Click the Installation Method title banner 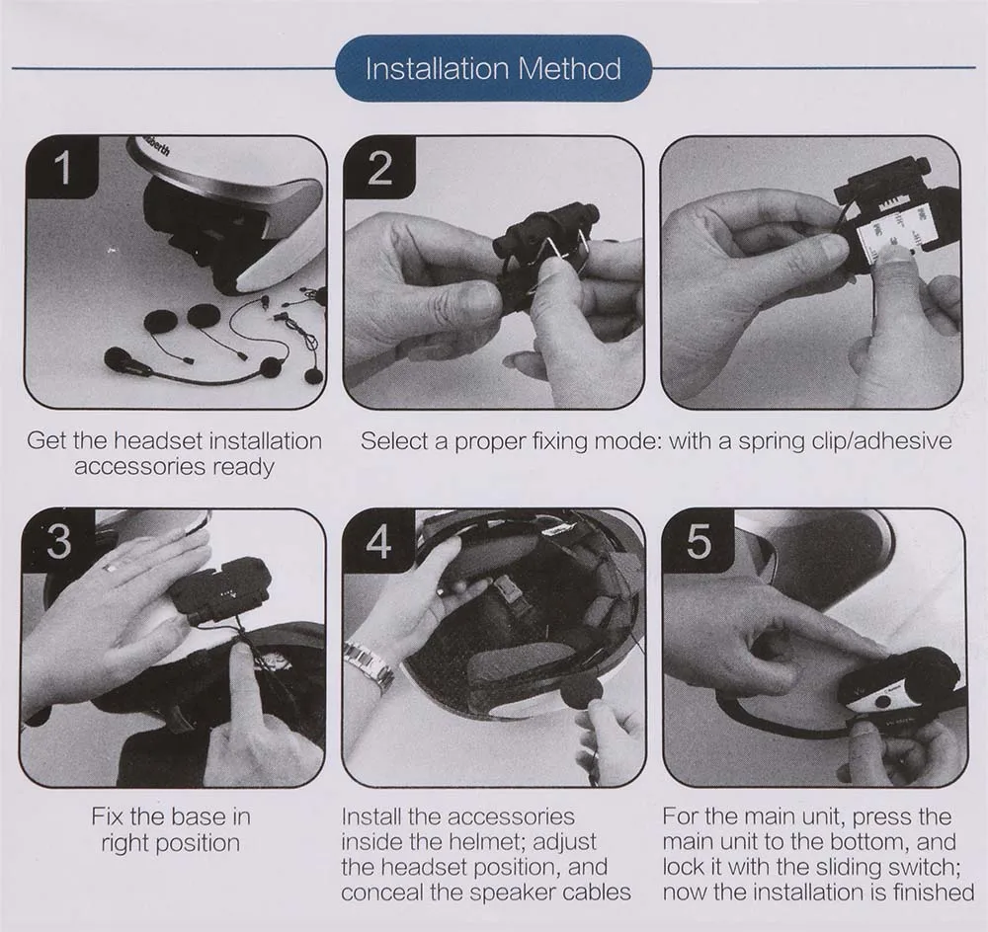tap(493, 69)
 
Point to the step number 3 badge tap(58, 541)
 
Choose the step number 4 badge tap(378, 541)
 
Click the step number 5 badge tap(699, 541)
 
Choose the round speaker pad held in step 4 tap(581, 696)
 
